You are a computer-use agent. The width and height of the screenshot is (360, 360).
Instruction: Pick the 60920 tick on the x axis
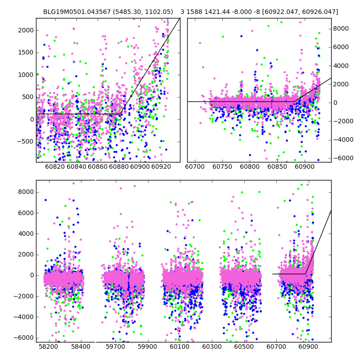[162, 167]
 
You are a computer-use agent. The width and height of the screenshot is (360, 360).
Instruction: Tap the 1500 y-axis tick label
[26, 52]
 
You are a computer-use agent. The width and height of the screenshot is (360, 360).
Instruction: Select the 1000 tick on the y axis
[26, 75]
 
